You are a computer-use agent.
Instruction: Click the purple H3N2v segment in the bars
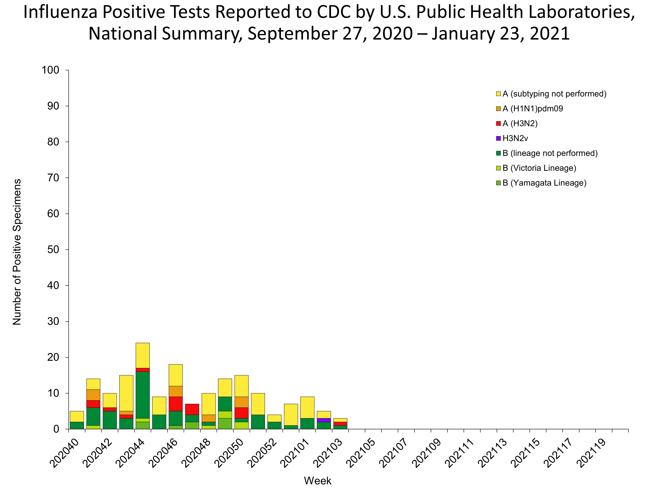(x=324, y=420)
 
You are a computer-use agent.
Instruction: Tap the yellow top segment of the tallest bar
(x=142, y=355)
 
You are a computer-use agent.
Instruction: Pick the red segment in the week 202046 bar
(x=175, y=404)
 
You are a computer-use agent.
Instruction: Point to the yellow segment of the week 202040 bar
(x=77, y=416)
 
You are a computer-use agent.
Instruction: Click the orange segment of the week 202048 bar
(x=209, y=418)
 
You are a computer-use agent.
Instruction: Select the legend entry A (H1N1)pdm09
(x=533, y=109)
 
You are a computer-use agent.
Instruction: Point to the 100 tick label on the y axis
(x=51, y=70)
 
